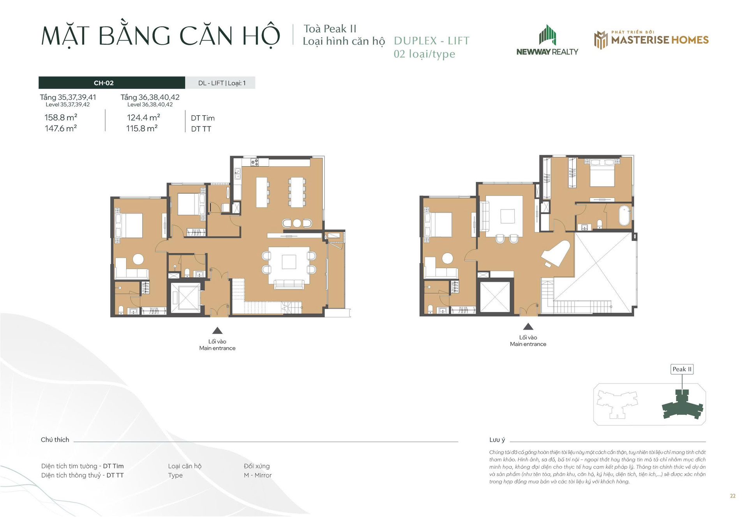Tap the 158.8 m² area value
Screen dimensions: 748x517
pyautogui.click(x=61, y=117)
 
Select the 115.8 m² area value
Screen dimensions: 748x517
pyautogui.click(x=142, y=128)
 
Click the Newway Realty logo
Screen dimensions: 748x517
pyautogui.click(x=547, y=40)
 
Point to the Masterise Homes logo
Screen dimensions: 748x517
pyautogui.click(x=651, y=40)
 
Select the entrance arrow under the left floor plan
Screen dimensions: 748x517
pyautogui.click(x=217, y=330)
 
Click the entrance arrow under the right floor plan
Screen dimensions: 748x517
pyautogui.click(x=528, y=327)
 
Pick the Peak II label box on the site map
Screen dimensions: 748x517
pyautogui.click(x=682, y=369)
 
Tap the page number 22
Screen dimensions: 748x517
pyautogui.click(x=733, y=496)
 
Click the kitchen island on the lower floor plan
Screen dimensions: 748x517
pyautogui.click(x=262, y=192)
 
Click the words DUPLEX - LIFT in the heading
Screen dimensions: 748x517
pyautogui.click(x=432, y=41)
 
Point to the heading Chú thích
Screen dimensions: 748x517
pyautogui.click(x=55, y=440)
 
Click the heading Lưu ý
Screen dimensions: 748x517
pyautogui.click(x=497, y=440)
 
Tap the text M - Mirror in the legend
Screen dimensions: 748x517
pyautogui.click(x=258, y=475)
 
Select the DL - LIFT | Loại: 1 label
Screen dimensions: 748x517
pyautogui.click(x=222, y=83)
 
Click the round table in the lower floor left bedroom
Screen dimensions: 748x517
pyautogui.click(x=138, y=259)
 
